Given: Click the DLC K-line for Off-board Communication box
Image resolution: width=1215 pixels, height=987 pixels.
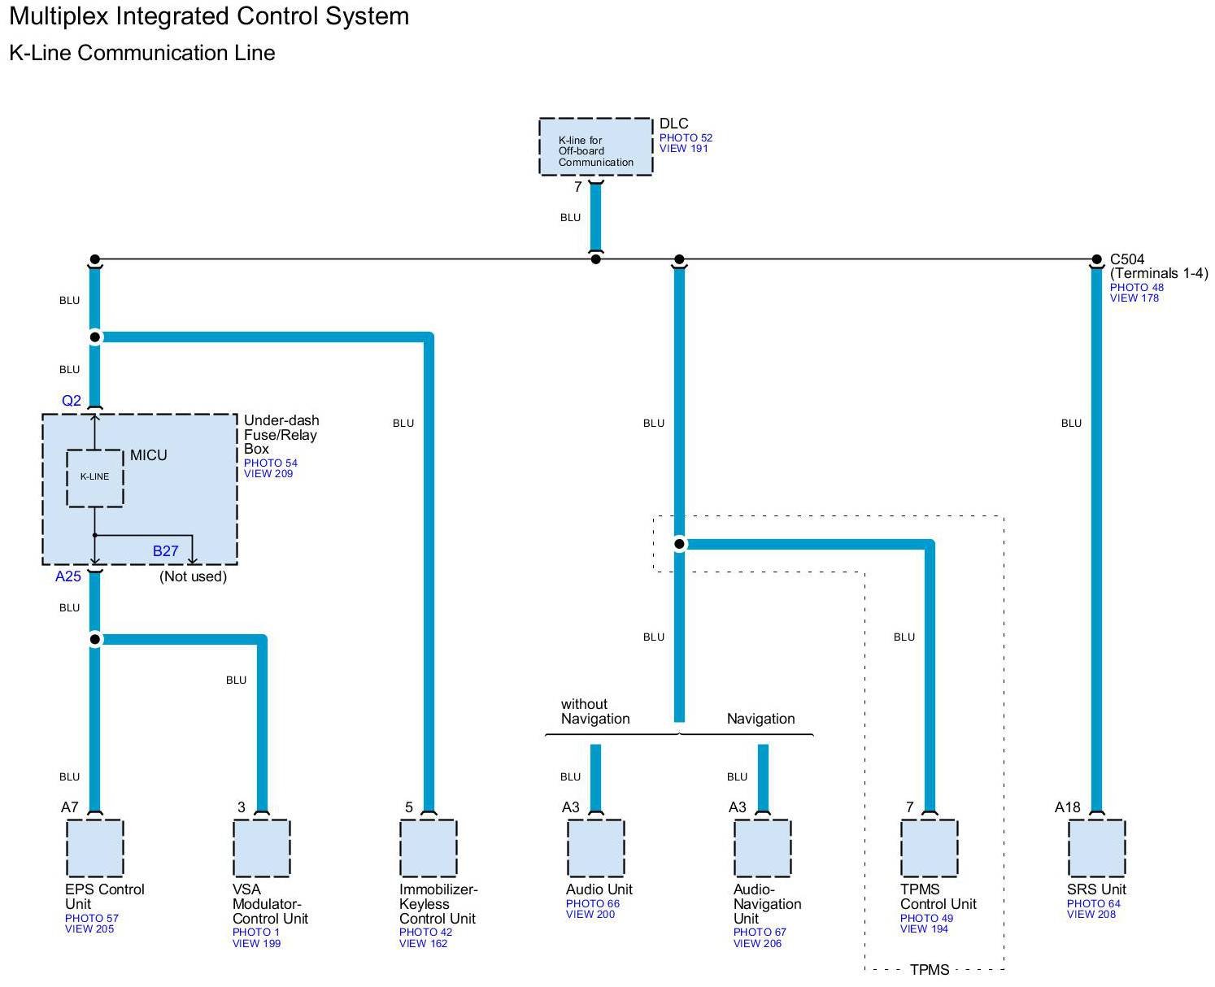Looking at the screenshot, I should (595, 147).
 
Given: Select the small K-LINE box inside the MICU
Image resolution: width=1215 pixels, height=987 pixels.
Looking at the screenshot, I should (94, 477).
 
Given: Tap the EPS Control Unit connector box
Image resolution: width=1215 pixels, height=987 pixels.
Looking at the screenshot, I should (94, 848).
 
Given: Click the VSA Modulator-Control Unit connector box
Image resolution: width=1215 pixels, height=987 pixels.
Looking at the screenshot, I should (261, 848).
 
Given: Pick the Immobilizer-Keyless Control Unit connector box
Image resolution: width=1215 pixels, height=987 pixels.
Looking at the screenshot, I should (429, 848).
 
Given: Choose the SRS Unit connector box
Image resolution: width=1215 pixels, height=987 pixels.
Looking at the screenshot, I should (1096, 848).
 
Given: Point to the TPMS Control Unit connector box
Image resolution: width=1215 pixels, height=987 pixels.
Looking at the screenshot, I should (930, 848).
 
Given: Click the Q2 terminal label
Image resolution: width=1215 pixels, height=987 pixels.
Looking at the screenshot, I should (72, 401).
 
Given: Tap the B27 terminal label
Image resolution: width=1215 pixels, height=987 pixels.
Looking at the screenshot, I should (165, 551).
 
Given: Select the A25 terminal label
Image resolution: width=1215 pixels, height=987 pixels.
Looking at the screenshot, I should (68, 576).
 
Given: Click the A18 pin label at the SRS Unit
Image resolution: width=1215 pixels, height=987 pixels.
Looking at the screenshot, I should (1067, 807).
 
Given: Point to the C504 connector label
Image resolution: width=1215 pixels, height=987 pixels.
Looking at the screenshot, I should (1127, 260).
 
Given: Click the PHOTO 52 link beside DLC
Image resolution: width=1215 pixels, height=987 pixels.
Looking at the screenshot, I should (686, 138).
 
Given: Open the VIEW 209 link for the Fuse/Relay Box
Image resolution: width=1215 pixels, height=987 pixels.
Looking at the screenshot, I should (268, 474).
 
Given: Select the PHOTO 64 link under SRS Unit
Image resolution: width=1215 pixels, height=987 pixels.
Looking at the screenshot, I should (1093, 904).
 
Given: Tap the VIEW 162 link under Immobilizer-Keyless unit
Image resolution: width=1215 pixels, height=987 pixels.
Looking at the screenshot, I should (423, 944).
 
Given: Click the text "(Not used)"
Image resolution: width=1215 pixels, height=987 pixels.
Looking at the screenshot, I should (193, 576).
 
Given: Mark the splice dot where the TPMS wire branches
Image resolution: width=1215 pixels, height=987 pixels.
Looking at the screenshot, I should (679, 544).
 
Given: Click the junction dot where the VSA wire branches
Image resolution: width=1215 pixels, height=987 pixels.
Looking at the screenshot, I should (95, 640).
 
